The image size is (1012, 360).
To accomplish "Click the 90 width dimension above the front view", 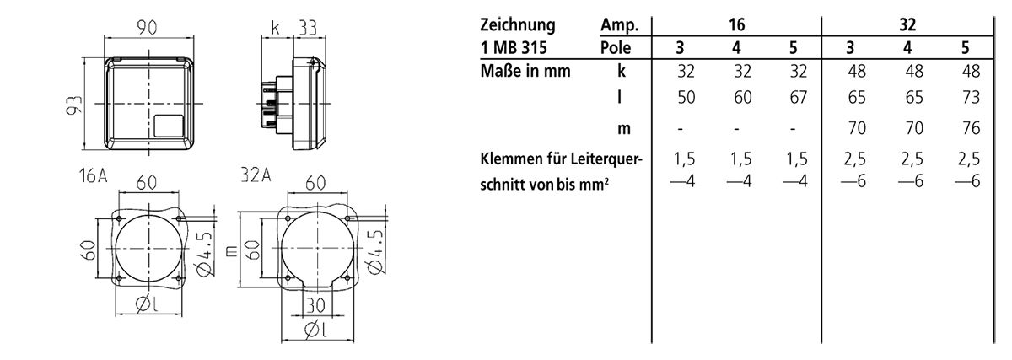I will point(149,27).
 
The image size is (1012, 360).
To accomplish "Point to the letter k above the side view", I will point(276,27).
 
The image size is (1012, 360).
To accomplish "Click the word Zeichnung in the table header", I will point(518,24).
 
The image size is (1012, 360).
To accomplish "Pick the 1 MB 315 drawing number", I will point(515,47).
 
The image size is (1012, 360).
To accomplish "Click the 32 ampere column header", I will point(907,24).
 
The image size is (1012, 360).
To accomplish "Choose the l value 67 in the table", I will point(799,98).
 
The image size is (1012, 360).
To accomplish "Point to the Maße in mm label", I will point(525,71).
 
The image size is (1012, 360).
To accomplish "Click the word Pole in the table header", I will point(616,47).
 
